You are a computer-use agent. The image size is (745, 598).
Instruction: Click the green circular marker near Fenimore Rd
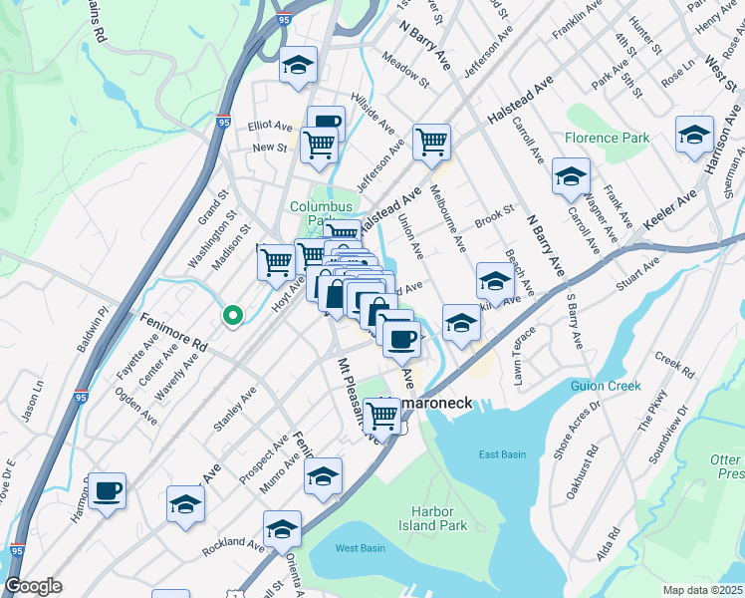[232, 316]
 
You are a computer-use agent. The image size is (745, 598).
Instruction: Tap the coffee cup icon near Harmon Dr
[107, 491]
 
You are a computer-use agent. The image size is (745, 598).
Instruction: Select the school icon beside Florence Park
[571, 177]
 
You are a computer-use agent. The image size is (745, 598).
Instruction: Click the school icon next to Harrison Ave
[694, 136]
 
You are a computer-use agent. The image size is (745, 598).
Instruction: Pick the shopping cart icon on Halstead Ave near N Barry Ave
[431, 143]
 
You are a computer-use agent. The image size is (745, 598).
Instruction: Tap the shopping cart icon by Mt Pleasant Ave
[382, 416]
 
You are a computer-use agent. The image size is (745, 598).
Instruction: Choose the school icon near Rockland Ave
[283, 529]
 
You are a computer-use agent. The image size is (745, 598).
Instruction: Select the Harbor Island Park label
[439, 518]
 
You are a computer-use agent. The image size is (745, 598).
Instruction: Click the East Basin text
[501, 454]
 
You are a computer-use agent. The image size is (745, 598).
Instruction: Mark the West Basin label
[360, 548]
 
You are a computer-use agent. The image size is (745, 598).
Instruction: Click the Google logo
[34, 586]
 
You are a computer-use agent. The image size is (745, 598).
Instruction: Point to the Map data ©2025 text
[701, 590]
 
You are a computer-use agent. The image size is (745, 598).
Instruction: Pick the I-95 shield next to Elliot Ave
[223, 122]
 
